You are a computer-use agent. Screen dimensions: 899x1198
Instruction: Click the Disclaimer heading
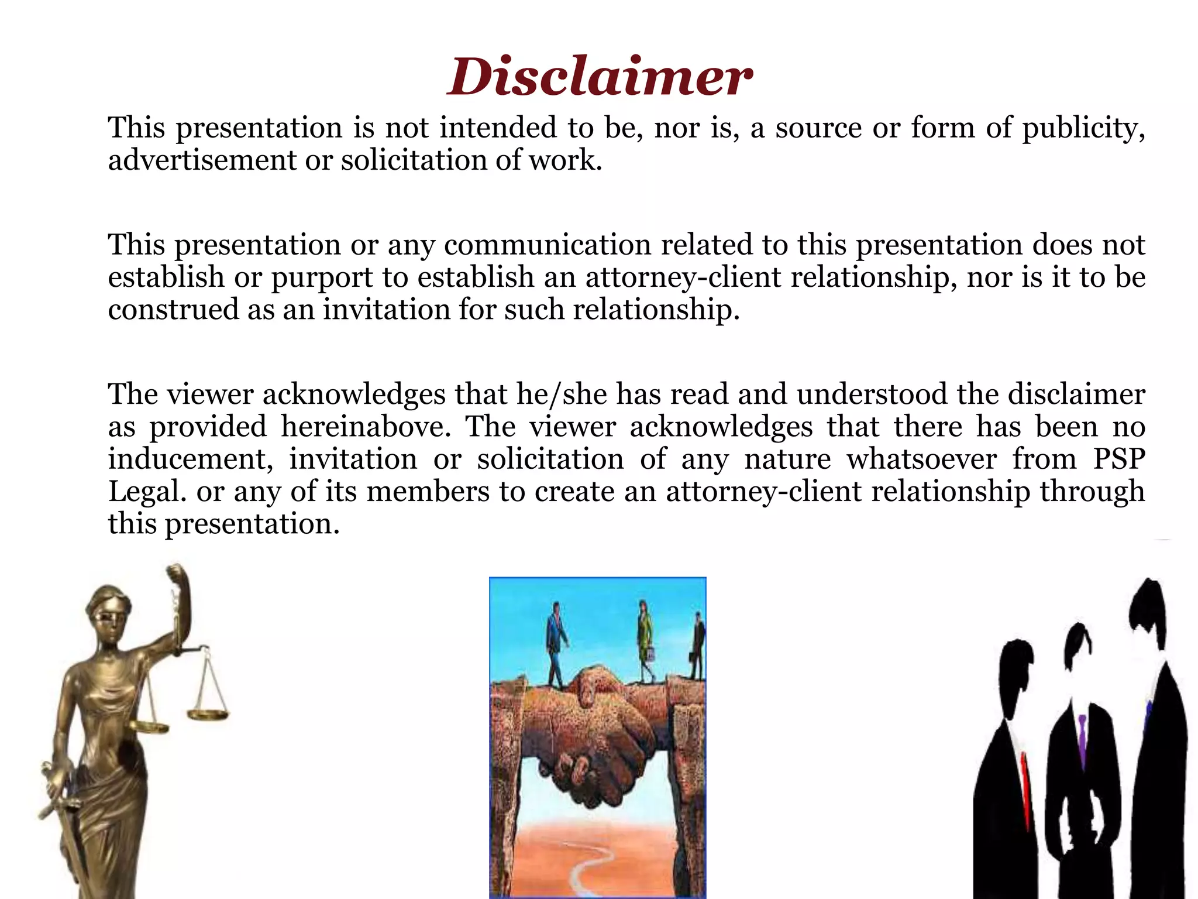pos(599,77)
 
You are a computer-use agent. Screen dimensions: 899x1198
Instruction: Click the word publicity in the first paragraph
pos(1082,128)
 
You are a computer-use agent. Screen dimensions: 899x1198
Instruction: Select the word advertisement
pos(202,160)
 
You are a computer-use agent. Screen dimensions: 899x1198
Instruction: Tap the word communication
pos(548,245)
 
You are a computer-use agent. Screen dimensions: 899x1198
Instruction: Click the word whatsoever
pos(921,458)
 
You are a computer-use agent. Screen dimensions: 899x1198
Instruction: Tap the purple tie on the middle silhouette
pos(1082,737)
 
